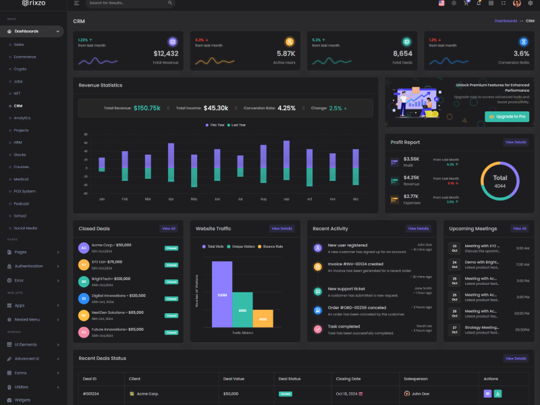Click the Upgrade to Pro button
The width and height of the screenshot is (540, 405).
click(508, 117)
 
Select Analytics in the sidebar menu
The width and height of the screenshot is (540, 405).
click(22, 118)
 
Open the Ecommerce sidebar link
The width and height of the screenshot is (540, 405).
click(25, 57)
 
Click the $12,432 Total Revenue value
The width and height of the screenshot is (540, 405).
click(166, 53)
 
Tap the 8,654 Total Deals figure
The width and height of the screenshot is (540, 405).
click(402, 53)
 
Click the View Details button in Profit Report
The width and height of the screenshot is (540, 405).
click(515, 142)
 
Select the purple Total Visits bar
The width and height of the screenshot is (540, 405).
click(222, 294)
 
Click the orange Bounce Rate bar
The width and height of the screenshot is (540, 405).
click(263, 319)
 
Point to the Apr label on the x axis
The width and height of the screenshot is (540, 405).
click(171, 199)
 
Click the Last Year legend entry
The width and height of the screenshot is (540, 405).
click(237, 125)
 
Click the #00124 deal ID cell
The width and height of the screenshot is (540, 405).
click(91, 394)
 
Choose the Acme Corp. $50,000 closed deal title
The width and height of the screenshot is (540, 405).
click(111, 245)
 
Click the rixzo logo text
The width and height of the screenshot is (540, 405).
click(38, 3)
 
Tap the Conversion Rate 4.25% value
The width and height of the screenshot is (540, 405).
click(286, 108)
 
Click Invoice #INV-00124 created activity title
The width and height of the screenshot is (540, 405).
click(355, 264)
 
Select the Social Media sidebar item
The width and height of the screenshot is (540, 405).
click(26, 228)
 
